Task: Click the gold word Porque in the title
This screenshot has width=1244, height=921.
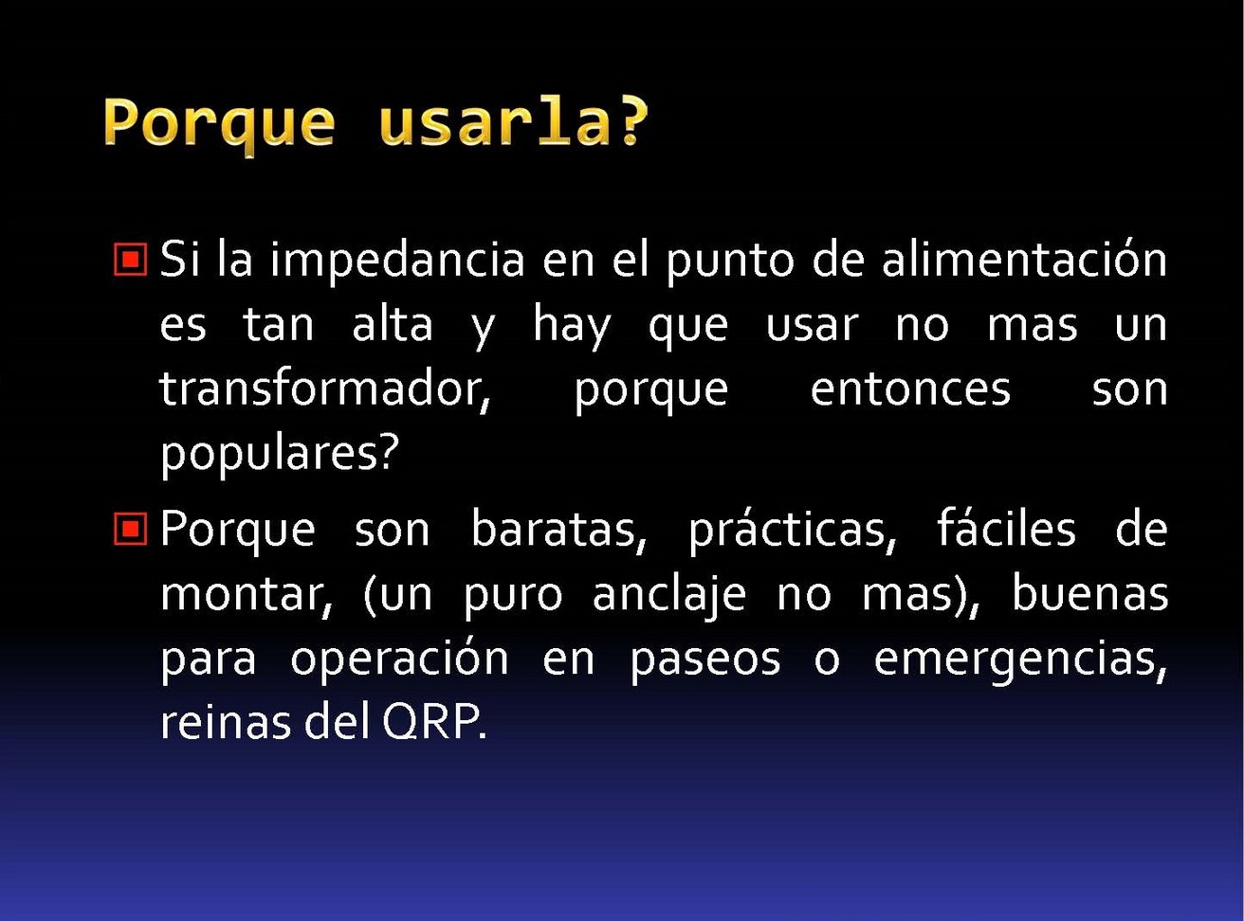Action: click(219, 124)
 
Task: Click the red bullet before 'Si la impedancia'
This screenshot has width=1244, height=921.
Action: click(131, 260)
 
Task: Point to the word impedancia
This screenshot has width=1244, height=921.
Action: click(397, 262)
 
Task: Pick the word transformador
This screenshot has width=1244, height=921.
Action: click(325, 389)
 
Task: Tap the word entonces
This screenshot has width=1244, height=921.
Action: click(910, 390)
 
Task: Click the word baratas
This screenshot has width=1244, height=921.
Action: click(559, 530)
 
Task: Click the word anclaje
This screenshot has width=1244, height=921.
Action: click(669, 596)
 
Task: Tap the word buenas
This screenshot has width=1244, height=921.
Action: click(1090, 593)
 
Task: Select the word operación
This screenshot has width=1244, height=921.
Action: click(399, 659)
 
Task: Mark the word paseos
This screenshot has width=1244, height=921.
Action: click(705, 661)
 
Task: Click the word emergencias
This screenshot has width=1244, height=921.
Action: click(1021, 660)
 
